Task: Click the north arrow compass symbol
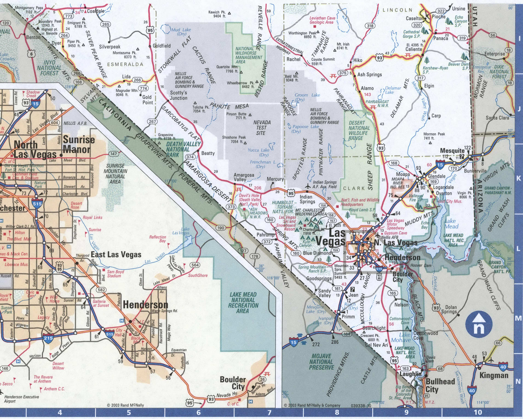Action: pos(479,325)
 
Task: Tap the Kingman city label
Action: pos(494,375)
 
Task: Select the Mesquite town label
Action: pos(452,151)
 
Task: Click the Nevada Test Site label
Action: pos(262,128)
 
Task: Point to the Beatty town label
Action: pos(208,153)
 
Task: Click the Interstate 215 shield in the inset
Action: pos(48,338)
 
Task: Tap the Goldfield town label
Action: pos(162,46)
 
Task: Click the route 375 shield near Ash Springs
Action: pos(343,73)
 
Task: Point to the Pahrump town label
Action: pos(265,235)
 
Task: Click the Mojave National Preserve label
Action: pos(321,361)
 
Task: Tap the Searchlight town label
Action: pos(374,328)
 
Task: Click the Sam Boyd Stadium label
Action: pos(115,274)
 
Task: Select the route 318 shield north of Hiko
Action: pos(370,26)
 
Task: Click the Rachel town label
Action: pos(293,59)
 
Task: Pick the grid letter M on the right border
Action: pos(518,318)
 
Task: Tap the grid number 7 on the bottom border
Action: pos(269,412)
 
